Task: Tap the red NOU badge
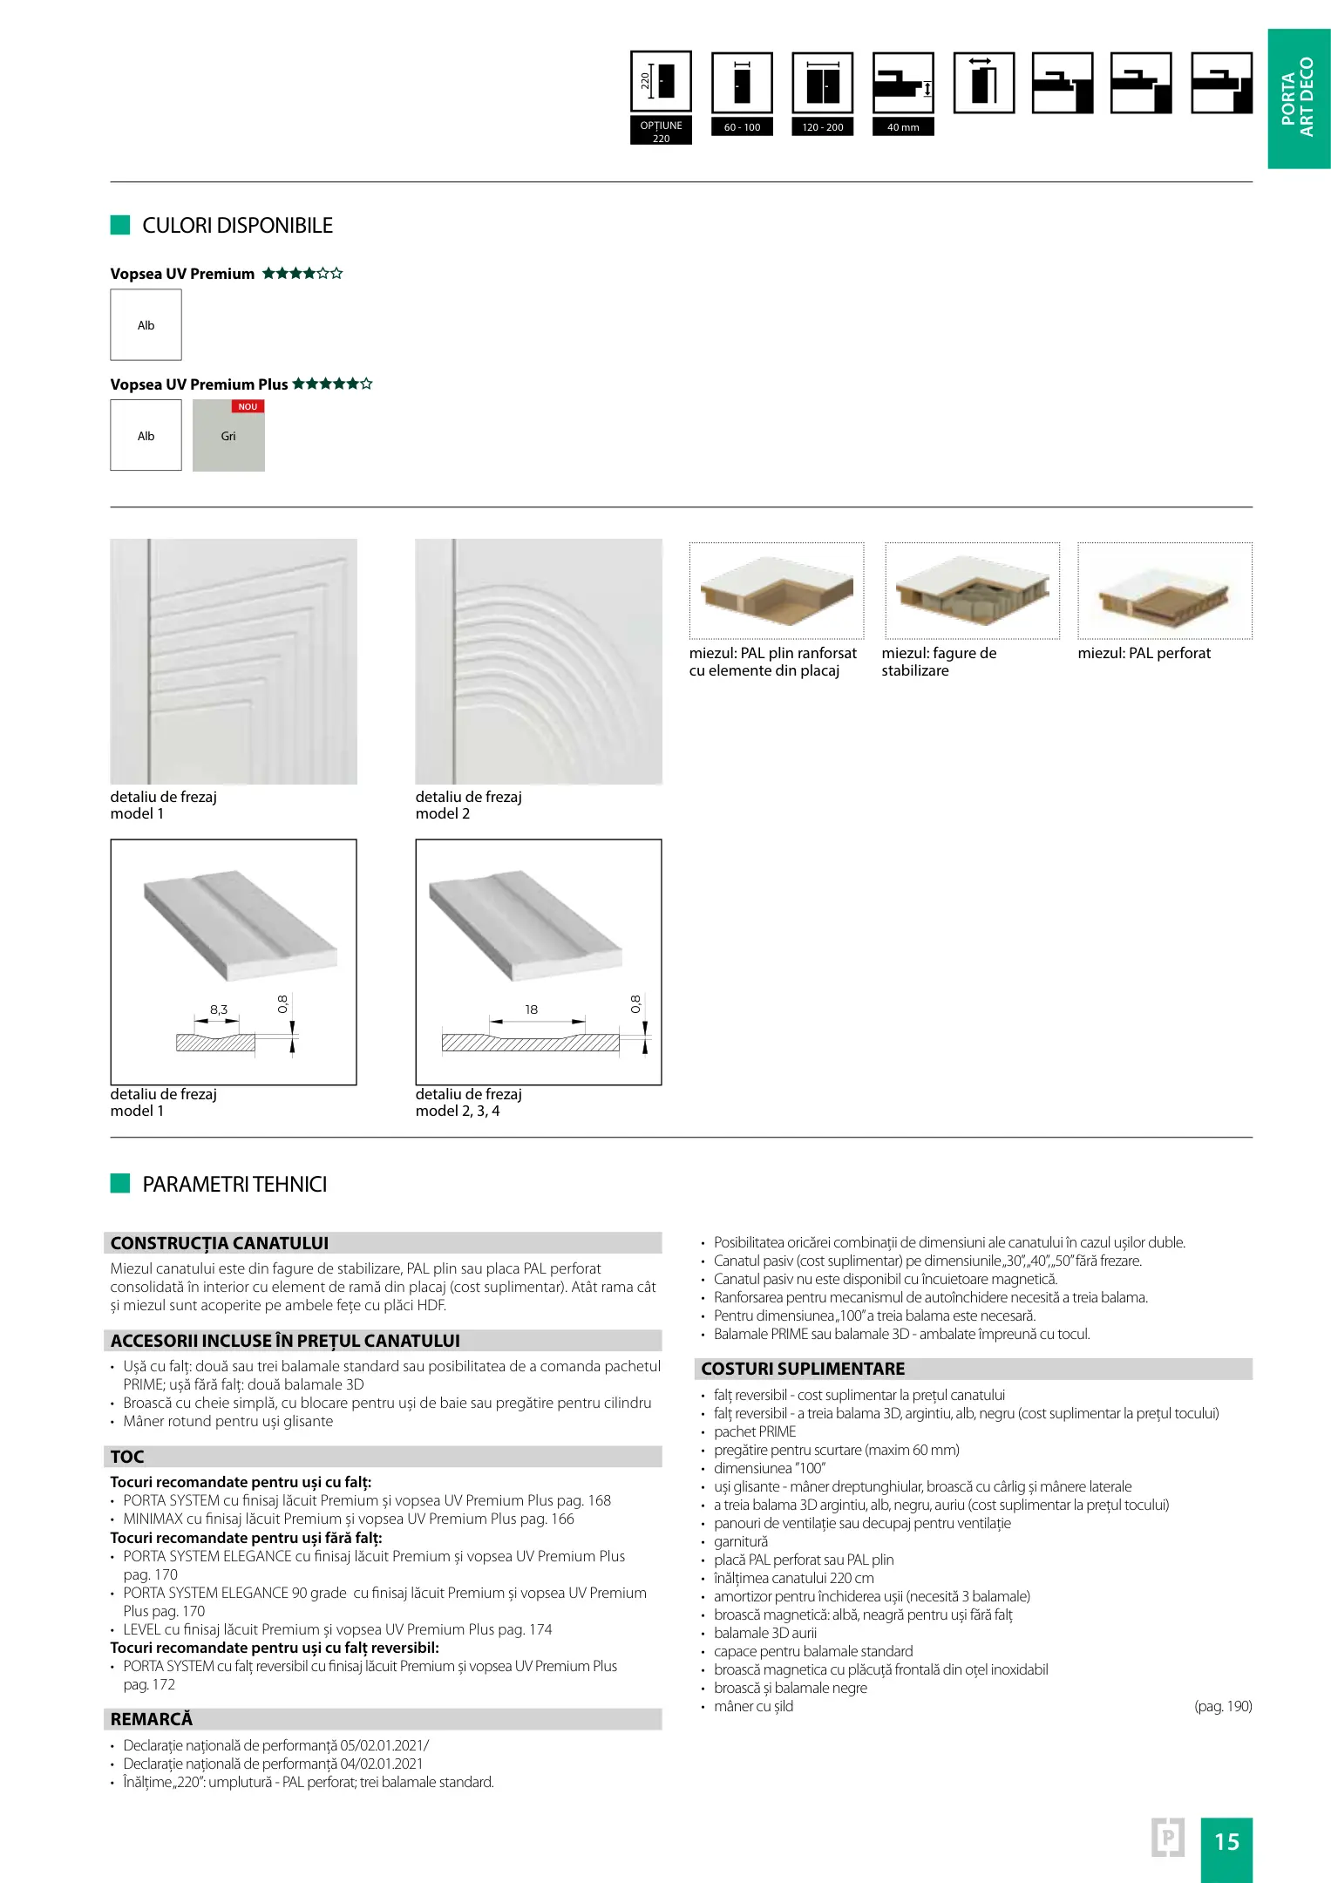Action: click(248, 406)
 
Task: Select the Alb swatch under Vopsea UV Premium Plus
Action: click(146, 435)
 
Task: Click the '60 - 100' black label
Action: click(742, 127)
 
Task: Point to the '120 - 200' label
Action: click(823, 127)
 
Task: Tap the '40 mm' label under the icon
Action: click(903, 127)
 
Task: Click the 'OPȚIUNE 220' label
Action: click(661, 132)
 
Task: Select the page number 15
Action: click(1226, 1842)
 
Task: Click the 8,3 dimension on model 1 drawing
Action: click(218, 1009)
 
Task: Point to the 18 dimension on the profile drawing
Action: click(531, 1009)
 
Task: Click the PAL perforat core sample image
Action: click(1165, 591)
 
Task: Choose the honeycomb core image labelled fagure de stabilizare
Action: click(972, 591)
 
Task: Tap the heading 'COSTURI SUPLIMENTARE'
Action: click(803, 1369)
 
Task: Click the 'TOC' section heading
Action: click(127, 1457)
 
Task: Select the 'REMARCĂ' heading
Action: click(152, 1719)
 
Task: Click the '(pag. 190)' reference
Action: click(1222, 1706)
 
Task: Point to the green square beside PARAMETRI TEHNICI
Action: click(120, 1183)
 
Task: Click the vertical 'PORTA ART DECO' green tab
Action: click(1298, 98)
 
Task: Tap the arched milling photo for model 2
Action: click(539, 662)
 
